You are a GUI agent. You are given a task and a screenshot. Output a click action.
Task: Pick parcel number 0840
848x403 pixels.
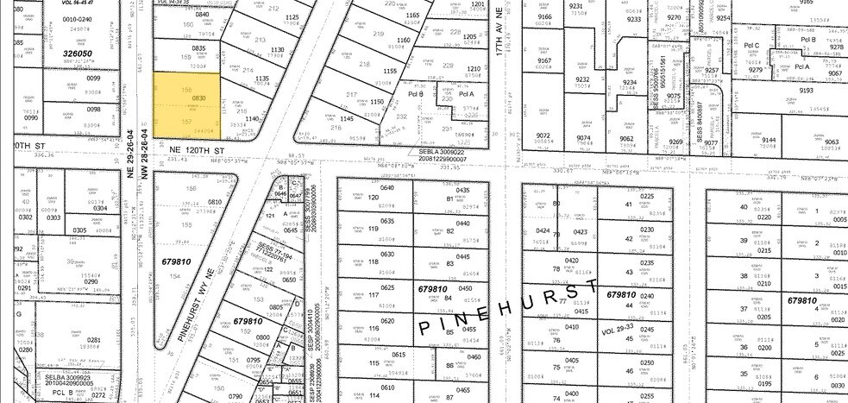[202, 15]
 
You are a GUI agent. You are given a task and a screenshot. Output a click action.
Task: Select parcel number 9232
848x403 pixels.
[584, 79]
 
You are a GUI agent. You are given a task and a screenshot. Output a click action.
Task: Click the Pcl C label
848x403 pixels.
[751, 45]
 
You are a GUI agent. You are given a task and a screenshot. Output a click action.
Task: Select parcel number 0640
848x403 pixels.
[386, 187]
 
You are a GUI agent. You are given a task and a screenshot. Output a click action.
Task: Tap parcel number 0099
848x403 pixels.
[93, 79]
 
